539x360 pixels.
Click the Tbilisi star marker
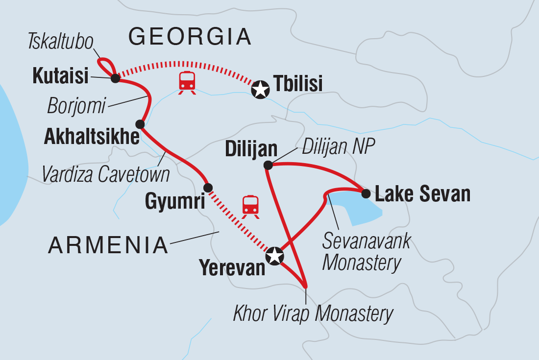click(x=260, y=90)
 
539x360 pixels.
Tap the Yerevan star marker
click(x=274, y=255)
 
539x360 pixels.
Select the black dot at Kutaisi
click(x=115, y=78)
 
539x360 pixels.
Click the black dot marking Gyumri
click(x=208, y=187)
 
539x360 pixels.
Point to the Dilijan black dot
click(x=268, y=165)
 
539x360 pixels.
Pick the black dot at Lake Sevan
click(x=366, y=193)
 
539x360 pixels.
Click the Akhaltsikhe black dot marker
click(x=140, y=124)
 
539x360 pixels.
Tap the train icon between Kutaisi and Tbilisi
click(x=187, y=82)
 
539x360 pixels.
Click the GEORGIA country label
click(x=190, y=37)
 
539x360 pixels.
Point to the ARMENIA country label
click(x=108, y=245)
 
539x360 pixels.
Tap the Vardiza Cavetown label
click(x=106, y=174)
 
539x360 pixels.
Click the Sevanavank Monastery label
click(x=366, y=252)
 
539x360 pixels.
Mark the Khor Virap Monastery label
click(x=313, y=313)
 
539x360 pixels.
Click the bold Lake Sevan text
click(x=422, y=194)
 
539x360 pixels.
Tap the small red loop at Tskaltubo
click(x=105, y=65)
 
